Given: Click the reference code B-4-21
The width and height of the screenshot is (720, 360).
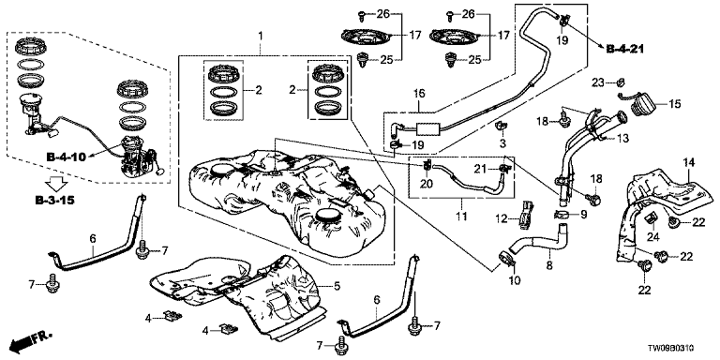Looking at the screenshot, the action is point(625,49).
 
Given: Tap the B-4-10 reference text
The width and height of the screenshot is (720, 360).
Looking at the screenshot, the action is point(67,157).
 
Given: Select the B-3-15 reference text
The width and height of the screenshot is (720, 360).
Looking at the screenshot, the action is point(54,201).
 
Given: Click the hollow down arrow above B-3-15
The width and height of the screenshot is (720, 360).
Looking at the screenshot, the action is point(57,184).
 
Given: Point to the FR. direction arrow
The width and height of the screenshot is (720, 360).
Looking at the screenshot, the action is point(30,340).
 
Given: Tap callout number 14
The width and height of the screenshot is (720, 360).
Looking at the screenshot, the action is point(691,161).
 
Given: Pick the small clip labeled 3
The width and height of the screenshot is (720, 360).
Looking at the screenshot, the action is point(502,125).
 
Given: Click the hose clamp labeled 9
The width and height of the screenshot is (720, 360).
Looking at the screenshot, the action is point(563,214).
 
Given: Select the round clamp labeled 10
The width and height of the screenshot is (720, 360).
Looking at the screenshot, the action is point(505,259).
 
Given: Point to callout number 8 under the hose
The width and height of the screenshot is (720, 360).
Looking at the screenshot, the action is point(548,265).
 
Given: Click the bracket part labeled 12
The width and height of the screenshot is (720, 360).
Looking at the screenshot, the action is point(526,214).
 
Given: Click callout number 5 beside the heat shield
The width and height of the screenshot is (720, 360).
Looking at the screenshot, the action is point(337,286).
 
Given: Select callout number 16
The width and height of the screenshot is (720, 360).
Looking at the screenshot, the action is point(419,94).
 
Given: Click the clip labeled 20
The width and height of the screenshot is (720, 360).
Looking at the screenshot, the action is point(427,165).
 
